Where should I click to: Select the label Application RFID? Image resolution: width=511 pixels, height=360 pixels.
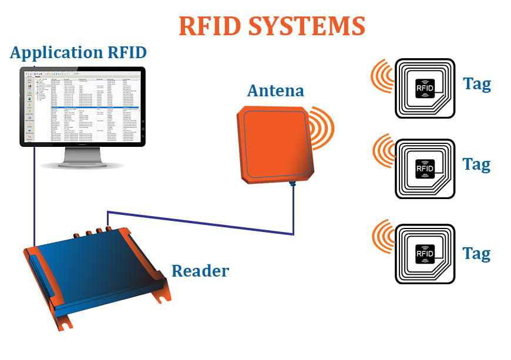click(x=78, y=53)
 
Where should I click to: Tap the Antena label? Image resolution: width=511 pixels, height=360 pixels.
click(x=275, y=91)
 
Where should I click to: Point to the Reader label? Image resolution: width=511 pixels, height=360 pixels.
click(x=200, y=271)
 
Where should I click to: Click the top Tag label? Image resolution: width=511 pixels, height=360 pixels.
click(x=476, y=84)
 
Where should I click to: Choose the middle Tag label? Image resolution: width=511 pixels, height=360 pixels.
click(x=476, y=164)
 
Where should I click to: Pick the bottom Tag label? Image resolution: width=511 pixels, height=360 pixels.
click(x=476, y=253)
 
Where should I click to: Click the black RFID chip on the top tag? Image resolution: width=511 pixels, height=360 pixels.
click(x=425, y=88)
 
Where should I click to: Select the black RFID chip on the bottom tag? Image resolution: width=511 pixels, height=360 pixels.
click(x=425, y=254)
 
